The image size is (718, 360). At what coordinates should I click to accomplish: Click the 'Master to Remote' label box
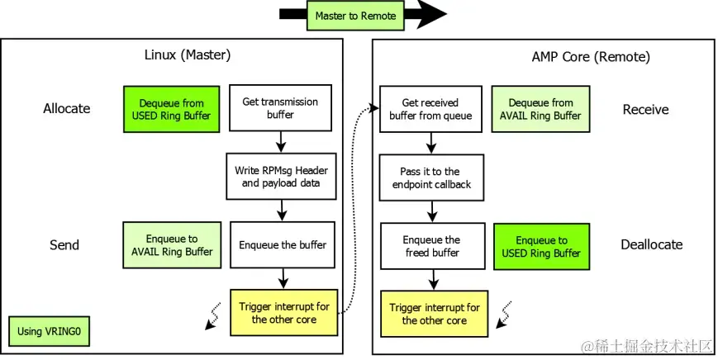[x=355, y=16]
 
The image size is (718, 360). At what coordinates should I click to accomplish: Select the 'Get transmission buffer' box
[x=280, y=108]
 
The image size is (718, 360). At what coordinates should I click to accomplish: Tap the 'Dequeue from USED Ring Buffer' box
[x=171, y=109]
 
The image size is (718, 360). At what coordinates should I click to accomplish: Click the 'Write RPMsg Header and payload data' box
[x=280, y=177]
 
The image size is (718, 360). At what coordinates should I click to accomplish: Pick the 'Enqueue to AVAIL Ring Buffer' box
[x=171, y=244]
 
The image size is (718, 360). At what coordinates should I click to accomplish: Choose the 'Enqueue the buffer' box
[x=282, y=244]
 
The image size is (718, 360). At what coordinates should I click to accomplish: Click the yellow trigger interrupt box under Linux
[x=283, y=313]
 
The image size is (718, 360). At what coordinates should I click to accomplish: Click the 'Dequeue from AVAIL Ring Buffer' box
[x=540, y=109]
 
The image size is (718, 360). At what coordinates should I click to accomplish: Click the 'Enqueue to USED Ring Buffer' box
[x=541, y=246]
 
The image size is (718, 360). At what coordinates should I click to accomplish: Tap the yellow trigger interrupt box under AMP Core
[x=434, y=314]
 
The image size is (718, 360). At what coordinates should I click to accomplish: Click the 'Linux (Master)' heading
[x=187, y=56]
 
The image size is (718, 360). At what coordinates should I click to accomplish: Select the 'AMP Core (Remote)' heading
[x=590, y=57]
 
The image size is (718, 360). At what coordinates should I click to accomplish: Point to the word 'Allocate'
[x=66, y=108]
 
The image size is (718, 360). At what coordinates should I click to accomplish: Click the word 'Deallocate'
[x=651, y=244]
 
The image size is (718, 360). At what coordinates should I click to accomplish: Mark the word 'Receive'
[x=645, y=109]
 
